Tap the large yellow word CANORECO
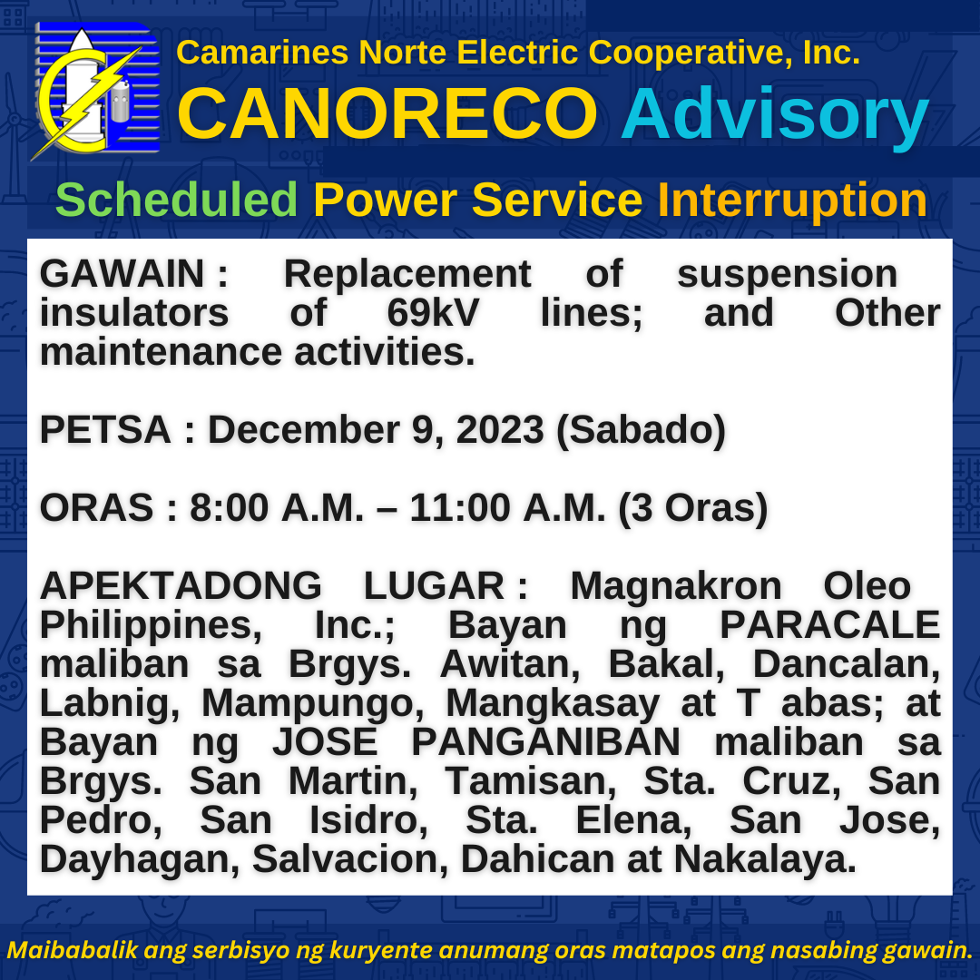(x=387, y=113)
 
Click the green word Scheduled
(x=176, y=200)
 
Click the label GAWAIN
(x=122, y=274)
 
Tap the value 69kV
(x=433, y=312)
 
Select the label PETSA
(x=105, y=430)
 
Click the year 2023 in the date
(x=500, y=430)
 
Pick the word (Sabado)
(x=641, y=431)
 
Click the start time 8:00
(x=230, y=507)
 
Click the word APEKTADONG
(x=181, y=586)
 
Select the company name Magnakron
(x=676, y=586)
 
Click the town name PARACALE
(x=830, y=625)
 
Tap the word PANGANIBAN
(x=545, y=742)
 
